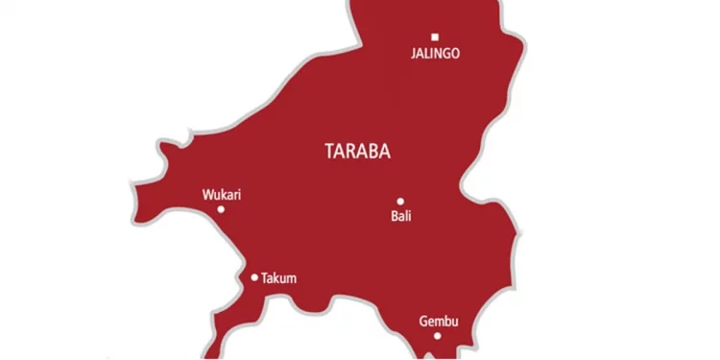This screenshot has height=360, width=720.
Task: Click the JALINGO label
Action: coord(434,54)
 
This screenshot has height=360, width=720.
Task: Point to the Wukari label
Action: coord(222,195)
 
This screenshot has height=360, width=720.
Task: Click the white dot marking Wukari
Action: coord(221,209)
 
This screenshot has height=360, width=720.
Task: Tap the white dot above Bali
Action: coord(400,202)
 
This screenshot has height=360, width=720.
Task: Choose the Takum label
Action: coord(278,278)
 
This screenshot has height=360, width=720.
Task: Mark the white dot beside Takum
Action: coord(254,277)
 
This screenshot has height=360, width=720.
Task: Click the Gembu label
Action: coord(439,321)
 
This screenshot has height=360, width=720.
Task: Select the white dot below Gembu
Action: coord(438,335)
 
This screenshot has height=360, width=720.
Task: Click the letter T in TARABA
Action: coord(331,152)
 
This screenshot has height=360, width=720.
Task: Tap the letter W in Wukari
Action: coord(207,195)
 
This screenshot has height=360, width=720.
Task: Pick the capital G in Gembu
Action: coord(424,321)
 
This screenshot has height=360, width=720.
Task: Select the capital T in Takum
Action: coord(264,278)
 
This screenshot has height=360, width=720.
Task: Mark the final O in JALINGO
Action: coord(455,54)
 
